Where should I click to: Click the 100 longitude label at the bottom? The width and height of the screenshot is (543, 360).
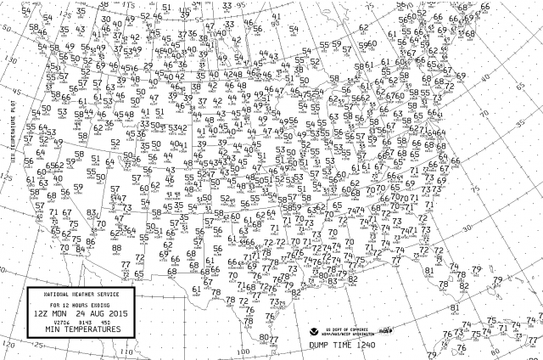[244, 350]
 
